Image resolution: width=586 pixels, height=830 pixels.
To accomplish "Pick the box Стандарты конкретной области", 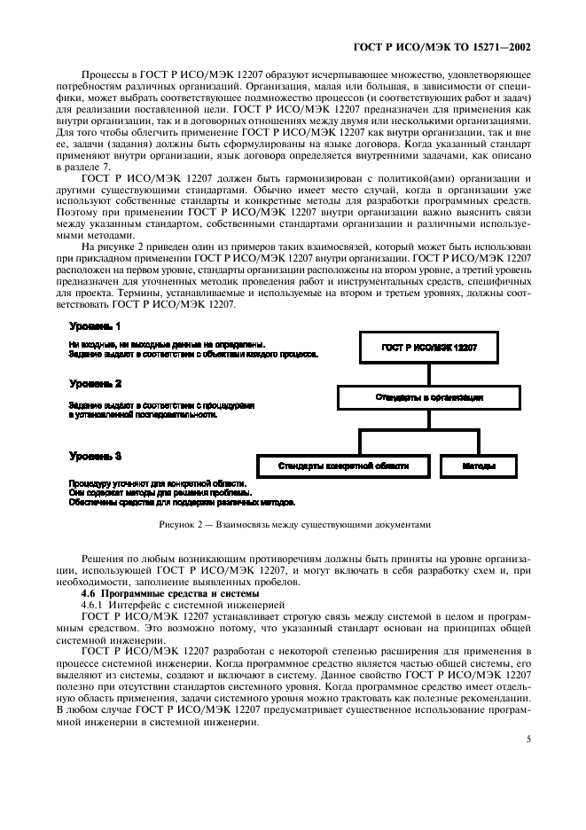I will [343, 465].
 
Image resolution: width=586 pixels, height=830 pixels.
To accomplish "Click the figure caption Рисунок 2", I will [293, 525].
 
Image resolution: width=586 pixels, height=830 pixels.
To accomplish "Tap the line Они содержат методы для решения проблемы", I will [160, 491].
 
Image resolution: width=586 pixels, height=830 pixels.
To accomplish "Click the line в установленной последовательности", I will [143, 414].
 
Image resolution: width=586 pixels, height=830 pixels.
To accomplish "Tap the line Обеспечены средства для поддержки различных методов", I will [182, 502].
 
